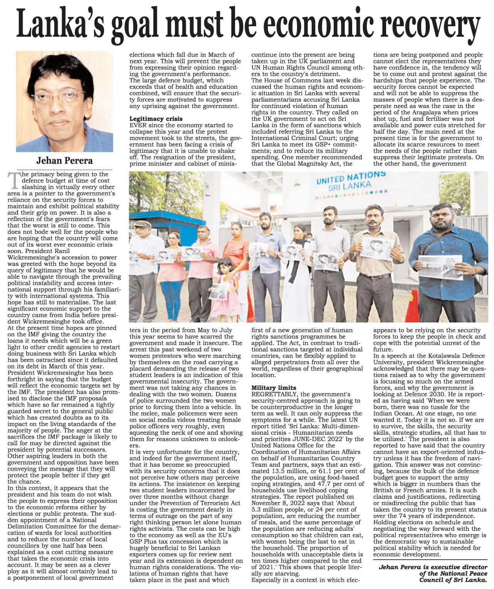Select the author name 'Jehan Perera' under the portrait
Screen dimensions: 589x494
(x=64, y=160)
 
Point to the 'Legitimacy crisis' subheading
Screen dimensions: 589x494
(x=156, y=119)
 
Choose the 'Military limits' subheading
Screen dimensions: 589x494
(x=274, y=388)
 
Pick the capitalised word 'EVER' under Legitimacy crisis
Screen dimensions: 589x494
(x=138, y=125)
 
